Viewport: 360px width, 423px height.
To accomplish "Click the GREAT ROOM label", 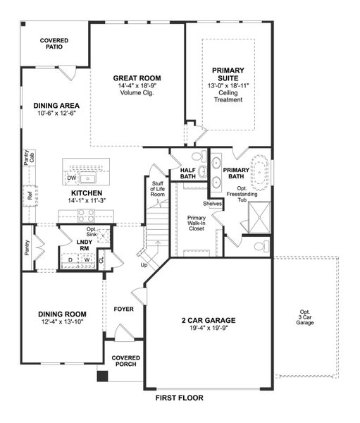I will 137,78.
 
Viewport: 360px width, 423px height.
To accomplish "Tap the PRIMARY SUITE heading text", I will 228,75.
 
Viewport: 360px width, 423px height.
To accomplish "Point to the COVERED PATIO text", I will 54,44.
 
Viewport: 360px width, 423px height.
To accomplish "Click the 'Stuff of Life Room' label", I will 158,190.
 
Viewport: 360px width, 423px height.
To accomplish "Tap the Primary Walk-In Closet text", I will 197,223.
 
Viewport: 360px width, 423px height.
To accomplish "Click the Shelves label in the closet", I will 213,204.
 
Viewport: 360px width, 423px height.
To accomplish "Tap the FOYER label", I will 124,309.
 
